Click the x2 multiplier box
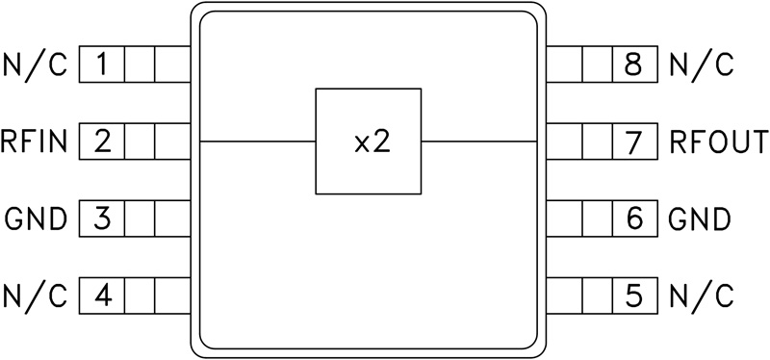[x=369, y=141]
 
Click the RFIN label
[x=35, y=143]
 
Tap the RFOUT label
[x=719, y=143]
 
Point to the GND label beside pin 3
[x=36, y=219]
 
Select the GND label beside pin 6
[x=700, y=219]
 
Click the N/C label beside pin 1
[x=36, y=66]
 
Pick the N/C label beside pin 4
[x=36, y=294]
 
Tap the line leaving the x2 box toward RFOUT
[x=478, y=141]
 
